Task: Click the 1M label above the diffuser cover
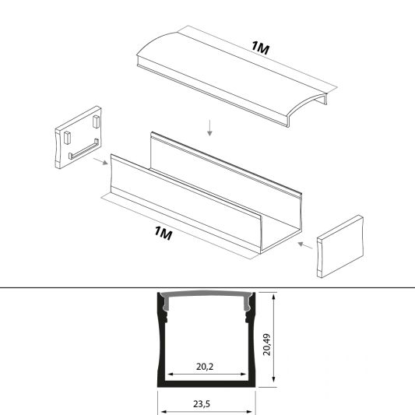click(261, 48)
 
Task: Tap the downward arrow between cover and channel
click(209, 125)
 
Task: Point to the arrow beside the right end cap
click(305, 246)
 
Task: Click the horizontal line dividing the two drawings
click(78, 287)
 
